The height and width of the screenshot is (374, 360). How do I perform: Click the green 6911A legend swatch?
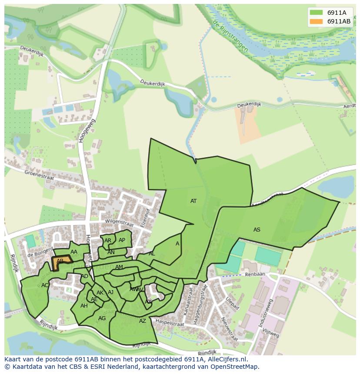[316, 12]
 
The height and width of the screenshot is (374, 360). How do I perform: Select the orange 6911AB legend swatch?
[316, 21]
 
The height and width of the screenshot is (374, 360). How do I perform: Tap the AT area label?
[193, 201]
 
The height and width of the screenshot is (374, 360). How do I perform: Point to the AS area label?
[257, 229]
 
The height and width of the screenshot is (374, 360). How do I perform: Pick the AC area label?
[45, 285]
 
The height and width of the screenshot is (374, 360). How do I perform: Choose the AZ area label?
[143, 321]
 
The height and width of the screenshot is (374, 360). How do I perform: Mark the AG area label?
[102, 318]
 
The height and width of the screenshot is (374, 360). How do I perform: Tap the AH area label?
[84, 306]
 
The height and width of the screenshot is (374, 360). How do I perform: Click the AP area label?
[122, 240]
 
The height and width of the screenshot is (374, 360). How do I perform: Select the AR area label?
[108, 241]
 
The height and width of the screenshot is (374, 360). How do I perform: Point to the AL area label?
[151, 254]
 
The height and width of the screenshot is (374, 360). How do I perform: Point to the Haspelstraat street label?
[170, 324]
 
